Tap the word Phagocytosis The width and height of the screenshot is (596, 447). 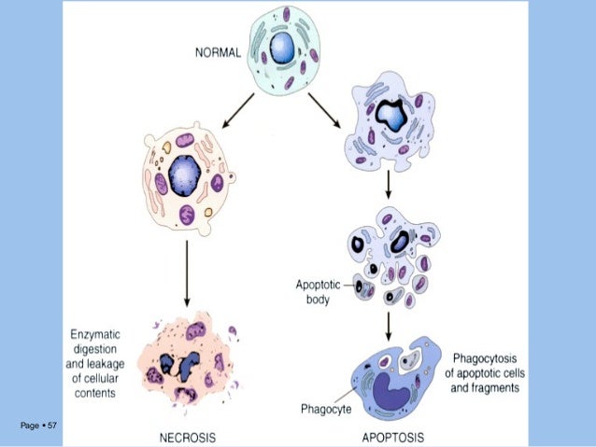[x=487, y=357]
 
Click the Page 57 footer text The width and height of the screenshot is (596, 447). [x=38, y=426]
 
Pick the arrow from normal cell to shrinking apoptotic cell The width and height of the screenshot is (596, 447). [x=324, y=109]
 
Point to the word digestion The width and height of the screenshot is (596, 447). [x=92, y=348]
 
